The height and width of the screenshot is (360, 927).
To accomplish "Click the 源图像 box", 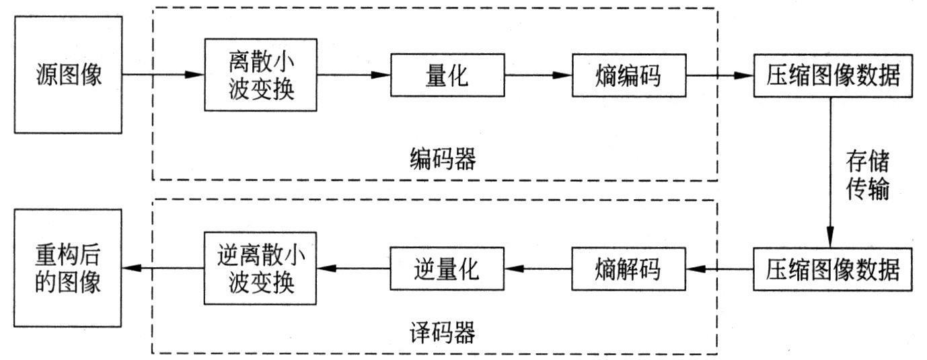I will [68, 75].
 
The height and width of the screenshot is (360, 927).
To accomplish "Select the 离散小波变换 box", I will [260, 75].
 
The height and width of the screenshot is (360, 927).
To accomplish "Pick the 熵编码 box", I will [628, 75].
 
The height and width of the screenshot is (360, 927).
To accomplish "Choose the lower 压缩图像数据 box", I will [832, 269].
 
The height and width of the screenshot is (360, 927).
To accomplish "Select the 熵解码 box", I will [628, 269].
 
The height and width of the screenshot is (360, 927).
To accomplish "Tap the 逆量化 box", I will [447, 269].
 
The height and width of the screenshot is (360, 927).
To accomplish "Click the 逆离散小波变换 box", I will [260, 269].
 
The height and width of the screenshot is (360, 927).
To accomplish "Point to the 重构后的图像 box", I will [68, 268].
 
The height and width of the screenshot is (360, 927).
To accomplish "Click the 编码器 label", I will [442, 160].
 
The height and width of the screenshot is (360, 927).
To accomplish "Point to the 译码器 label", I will [442, 332].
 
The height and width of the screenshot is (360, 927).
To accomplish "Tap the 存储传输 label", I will [868, 176].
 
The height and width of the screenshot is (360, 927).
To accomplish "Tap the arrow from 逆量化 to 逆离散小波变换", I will [353, 269].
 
